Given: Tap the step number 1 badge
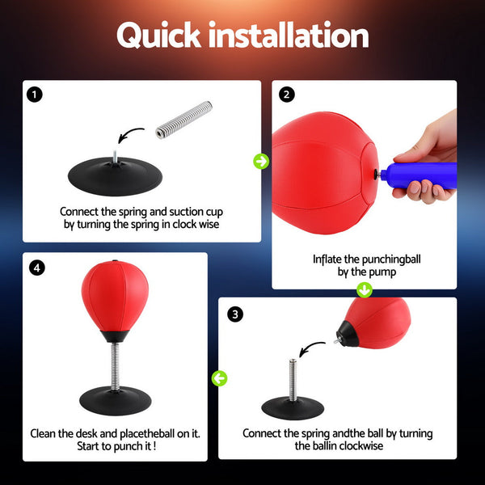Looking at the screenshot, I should (x=34, y=95).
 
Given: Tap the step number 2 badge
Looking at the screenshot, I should (x=286, y=95).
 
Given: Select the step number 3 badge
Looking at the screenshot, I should (x=235, y=314).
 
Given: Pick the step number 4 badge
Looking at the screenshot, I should (x=37, y=268).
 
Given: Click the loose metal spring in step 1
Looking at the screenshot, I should (x=183, y=119).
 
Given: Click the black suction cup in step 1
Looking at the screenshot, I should (x=115, y=171).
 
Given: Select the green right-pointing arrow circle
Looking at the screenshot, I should (x=261, y=162).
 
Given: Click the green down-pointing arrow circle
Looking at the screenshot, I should (x=365, y=289).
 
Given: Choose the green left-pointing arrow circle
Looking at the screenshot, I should (x=219, y=377).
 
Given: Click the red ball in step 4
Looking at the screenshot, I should (x=115, y=295).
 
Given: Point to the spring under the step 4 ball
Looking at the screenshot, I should (x=115, y=362).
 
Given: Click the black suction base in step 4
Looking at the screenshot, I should (x=115, y=398).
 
